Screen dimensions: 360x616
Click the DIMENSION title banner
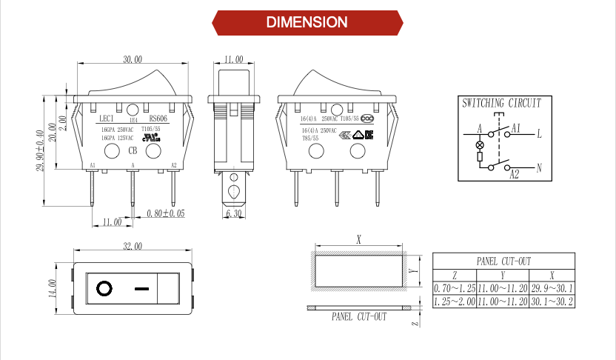click(307, 21)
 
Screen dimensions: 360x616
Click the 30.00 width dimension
click(133, 60)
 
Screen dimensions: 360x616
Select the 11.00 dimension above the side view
click(233, 60)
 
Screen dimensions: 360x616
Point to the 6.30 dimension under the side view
click(233, 213)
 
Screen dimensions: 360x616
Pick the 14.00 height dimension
click(53, 287)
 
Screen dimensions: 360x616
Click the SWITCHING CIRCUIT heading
click(501, 103)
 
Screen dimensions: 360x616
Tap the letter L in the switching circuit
click(539, 134)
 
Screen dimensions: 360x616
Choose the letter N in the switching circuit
click(539, 168)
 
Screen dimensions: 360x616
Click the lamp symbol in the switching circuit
click(479, 143)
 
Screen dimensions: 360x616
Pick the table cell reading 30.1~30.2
click(552, 301)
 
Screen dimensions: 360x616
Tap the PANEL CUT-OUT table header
click(503, 261)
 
